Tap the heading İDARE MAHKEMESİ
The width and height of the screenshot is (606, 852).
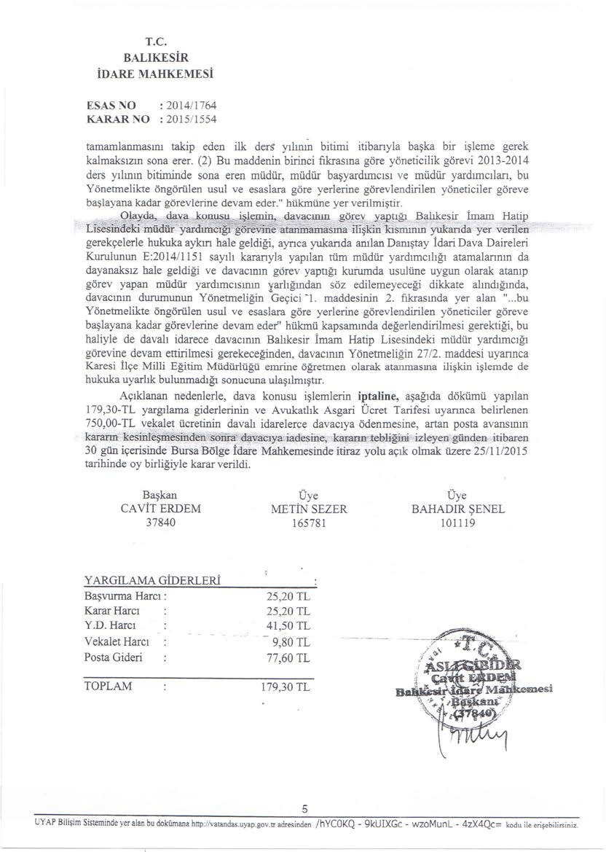pyautogui.click(x=162, y=73)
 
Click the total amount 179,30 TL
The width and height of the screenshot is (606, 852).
pyautogui.click(x=286, y=687)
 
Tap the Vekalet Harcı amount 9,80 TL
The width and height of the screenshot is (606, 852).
pyautogui.click(x=291, y=642)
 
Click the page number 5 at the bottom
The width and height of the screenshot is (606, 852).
pyautogui.click(x=306, y=821)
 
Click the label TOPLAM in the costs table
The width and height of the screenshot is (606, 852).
pyautogui.click(x=109, y=687)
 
